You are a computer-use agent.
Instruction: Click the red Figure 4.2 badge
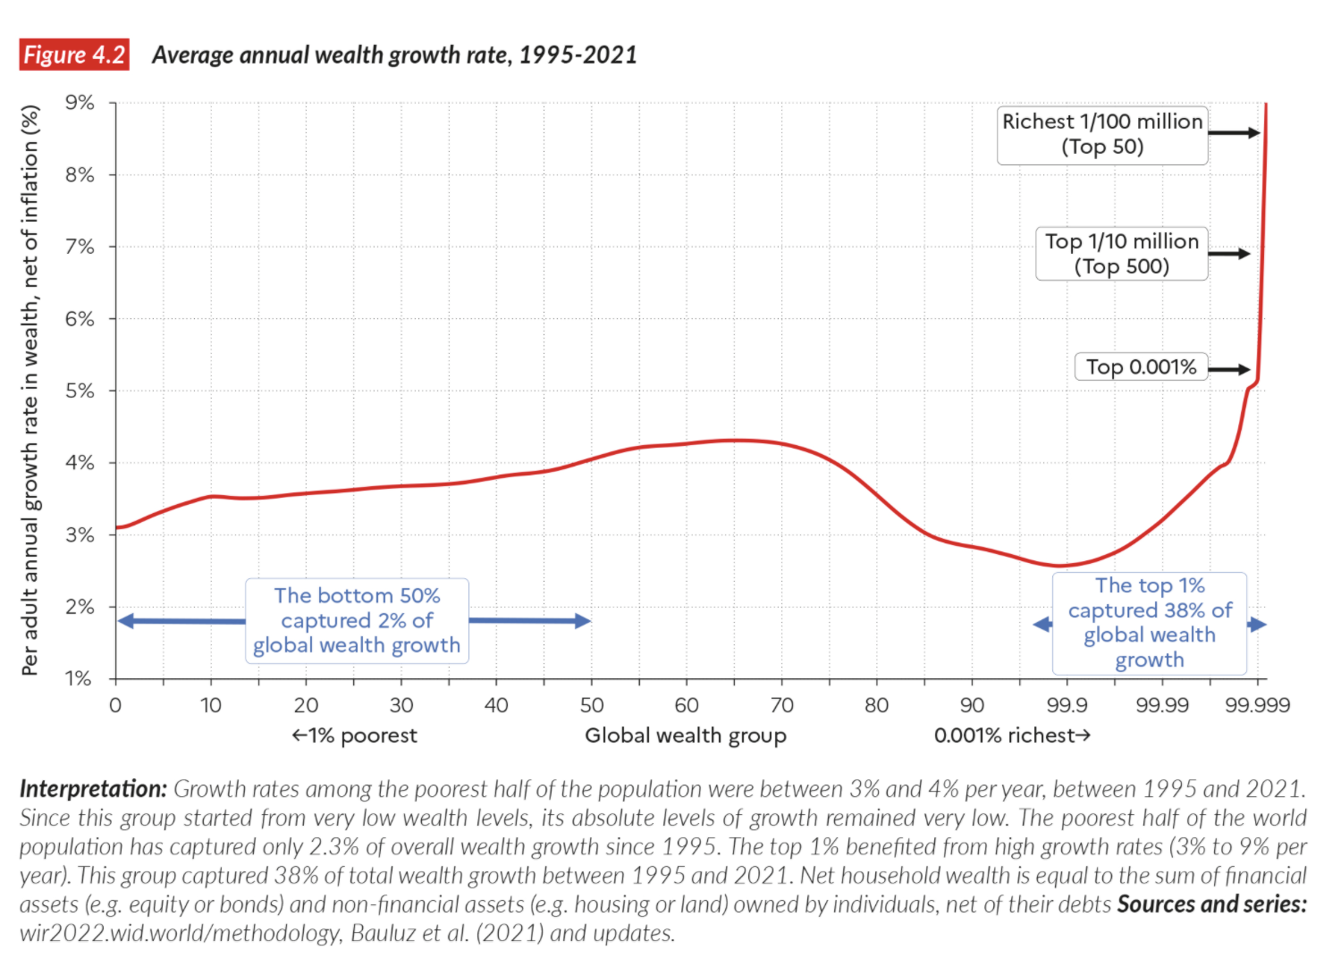pyautogui.click(x=74, y=55)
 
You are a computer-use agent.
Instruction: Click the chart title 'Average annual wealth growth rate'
pyautogui.click(x=394, y=55)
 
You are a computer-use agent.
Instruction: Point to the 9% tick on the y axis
pyautogui.click(x=80, y=103)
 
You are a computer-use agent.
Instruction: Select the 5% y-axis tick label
pyautogui.click(x=80, y=391)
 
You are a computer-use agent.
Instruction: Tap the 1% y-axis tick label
pyautogui.click(x=80, y=678)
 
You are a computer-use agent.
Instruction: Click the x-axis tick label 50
pyautogui.click(x=591, y=705)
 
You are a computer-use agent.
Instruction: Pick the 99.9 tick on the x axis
pyautogui.click(x=1067, y=705)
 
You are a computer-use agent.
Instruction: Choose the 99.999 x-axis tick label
pyautogui.click(x=1257, y=705)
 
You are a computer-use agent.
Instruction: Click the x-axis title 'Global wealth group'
pyautogui.click(x=686, y=735)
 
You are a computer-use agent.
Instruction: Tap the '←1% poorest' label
pyautogui.click(x=354, y=735)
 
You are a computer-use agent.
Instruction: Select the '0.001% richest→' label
pyautogui.click(x=1012, y=735)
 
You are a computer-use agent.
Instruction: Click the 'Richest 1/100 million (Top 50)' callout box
pyautogui.click(x=1102, y=134)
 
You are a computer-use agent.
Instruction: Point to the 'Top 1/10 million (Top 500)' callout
pyautogui.click(x=1122, y=254)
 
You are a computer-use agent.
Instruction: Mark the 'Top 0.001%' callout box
pyautogui.click(x=1141, y=367)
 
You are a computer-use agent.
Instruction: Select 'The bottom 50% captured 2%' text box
pyautogui.click(x=357, y=620)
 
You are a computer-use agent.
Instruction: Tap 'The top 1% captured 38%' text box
pyautogui.click(x=1150, y=623)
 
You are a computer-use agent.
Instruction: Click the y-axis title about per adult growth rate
pyautogui.click(x=31, y=391)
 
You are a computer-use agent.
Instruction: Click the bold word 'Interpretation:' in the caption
pyautogui.click(x=93, y=789)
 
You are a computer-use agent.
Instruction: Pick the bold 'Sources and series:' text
pyautogui.click(x=1211, y=904)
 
